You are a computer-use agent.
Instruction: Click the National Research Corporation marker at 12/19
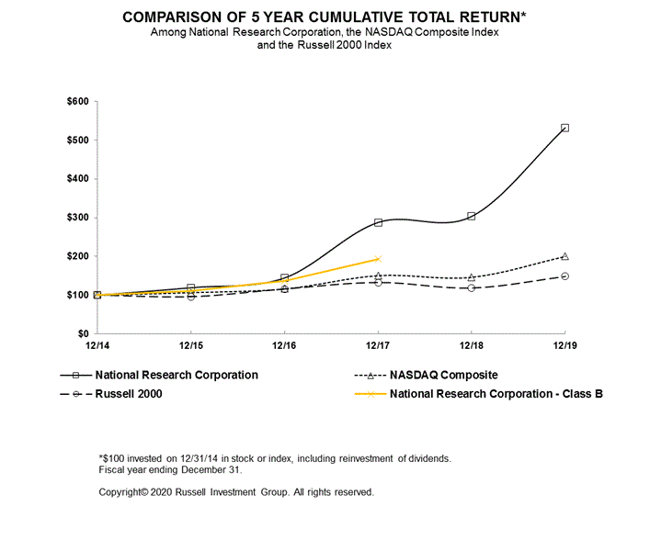point(564,128)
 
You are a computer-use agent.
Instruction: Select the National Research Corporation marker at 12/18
point(471,216)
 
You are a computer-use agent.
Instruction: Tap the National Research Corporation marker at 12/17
point(378,222)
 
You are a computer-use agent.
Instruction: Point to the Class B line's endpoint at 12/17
point(378,259)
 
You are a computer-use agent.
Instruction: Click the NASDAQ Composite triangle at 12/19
point(564,256)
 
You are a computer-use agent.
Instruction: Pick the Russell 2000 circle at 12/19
point(564,276)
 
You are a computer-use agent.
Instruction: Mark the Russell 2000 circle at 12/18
point(471,287)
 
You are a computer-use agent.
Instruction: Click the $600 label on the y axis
point(80,101)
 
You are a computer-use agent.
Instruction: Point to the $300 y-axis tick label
point(80,218)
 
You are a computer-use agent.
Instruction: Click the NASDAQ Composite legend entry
point(444,375)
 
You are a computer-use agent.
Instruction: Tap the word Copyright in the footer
point(121,492)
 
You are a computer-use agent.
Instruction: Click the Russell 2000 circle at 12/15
point(190,296)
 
